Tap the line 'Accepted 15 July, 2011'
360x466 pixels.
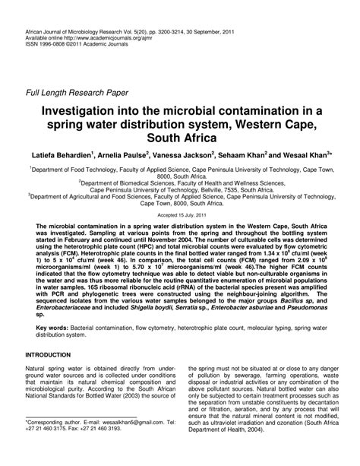(180, 215)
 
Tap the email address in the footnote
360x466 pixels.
(133, 442)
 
